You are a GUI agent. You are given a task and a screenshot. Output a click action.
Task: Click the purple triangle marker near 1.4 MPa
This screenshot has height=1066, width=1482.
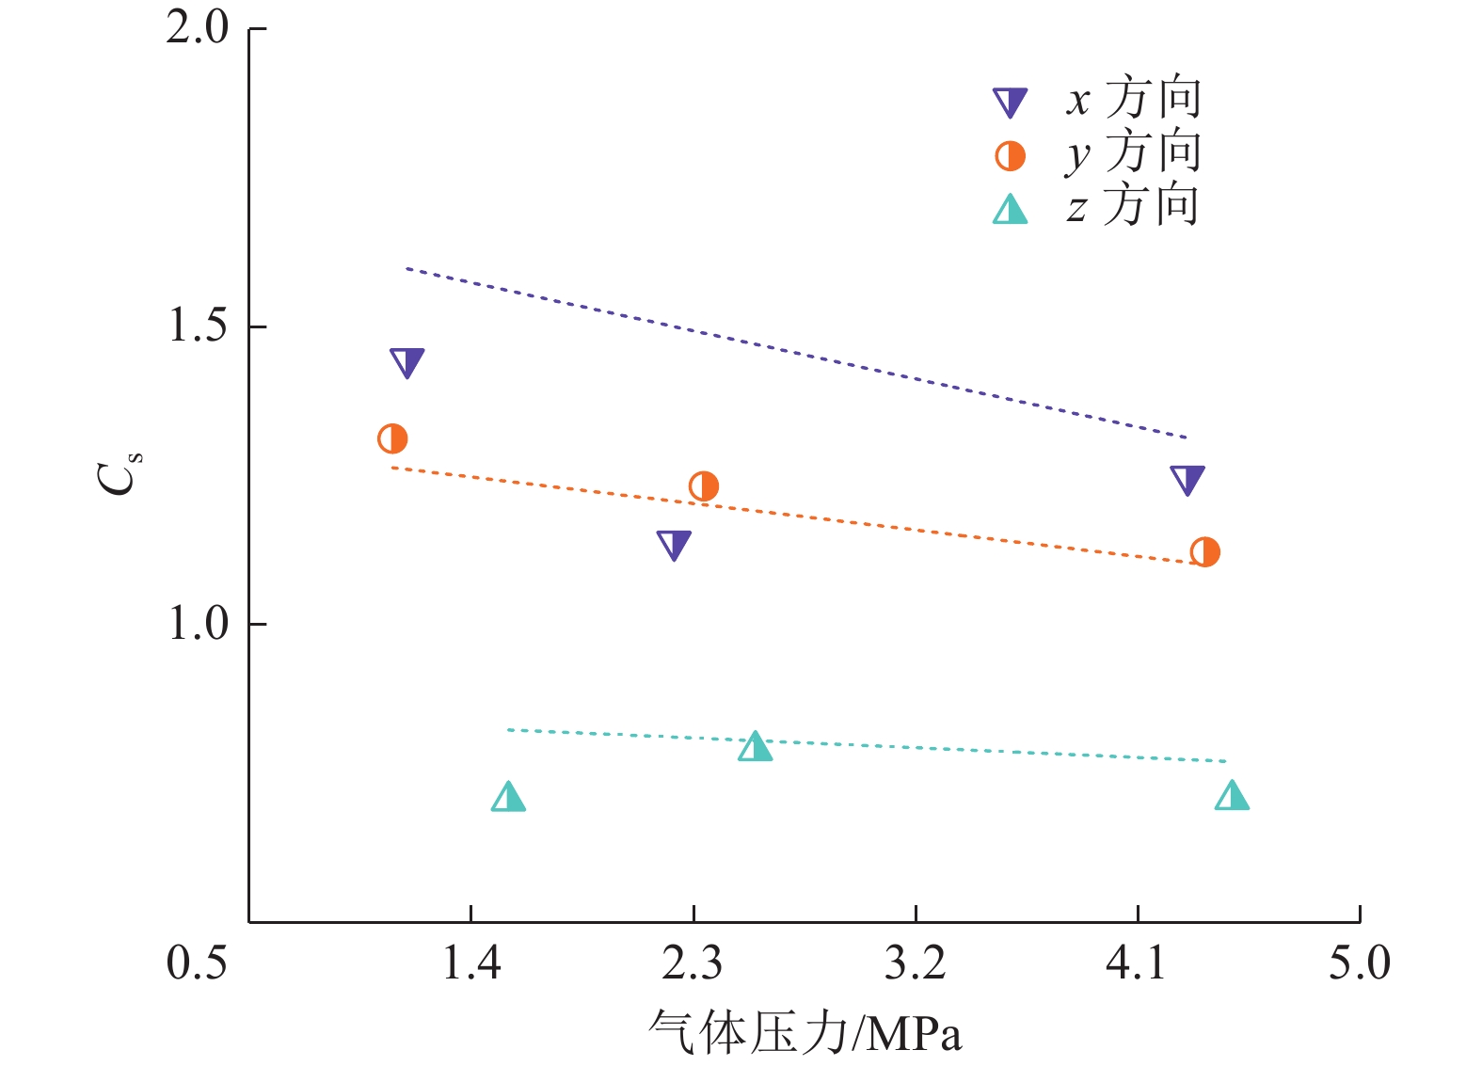click(406, 361)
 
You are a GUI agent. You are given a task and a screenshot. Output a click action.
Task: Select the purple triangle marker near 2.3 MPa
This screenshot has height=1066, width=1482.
click(674, 544)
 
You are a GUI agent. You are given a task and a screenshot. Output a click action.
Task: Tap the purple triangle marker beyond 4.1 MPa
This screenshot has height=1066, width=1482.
click(1187, 479)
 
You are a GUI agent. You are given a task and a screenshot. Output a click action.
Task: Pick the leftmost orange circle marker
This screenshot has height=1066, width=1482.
click(392, 438)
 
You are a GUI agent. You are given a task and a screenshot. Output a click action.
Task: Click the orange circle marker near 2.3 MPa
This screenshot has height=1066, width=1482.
click(704, 486)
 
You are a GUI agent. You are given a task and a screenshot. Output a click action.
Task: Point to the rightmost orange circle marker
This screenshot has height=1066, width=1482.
click(1204, 552)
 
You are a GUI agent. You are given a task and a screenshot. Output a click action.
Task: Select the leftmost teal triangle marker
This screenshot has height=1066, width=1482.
click(508, 799)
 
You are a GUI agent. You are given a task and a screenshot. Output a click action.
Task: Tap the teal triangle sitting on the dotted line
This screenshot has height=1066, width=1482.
click(755, 748)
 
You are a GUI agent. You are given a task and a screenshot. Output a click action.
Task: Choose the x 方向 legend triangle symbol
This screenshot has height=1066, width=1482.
click(1011, 102)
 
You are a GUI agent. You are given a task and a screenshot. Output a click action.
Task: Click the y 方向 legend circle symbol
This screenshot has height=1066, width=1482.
click(1011, 155)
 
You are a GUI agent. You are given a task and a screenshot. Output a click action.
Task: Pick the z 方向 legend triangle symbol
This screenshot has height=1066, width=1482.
click(1011, 210)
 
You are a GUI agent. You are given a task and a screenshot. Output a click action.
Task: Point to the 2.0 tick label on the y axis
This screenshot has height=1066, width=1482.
click(198, 28)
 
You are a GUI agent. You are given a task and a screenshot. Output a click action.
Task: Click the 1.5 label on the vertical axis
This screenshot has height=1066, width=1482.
click(198, 326)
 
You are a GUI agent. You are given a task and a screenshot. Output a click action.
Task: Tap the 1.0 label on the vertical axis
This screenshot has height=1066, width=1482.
click(198, 623)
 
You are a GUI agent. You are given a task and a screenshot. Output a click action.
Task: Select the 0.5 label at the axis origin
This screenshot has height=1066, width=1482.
click(197, 963)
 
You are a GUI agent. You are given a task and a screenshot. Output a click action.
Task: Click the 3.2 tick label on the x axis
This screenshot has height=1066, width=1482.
click(915, 963)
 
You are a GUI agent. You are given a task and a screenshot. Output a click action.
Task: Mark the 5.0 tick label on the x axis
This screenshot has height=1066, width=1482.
click(1359, 963)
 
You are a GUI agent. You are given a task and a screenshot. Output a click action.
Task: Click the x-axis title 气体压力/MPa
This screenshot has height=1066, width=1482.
click(805, 1032)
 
